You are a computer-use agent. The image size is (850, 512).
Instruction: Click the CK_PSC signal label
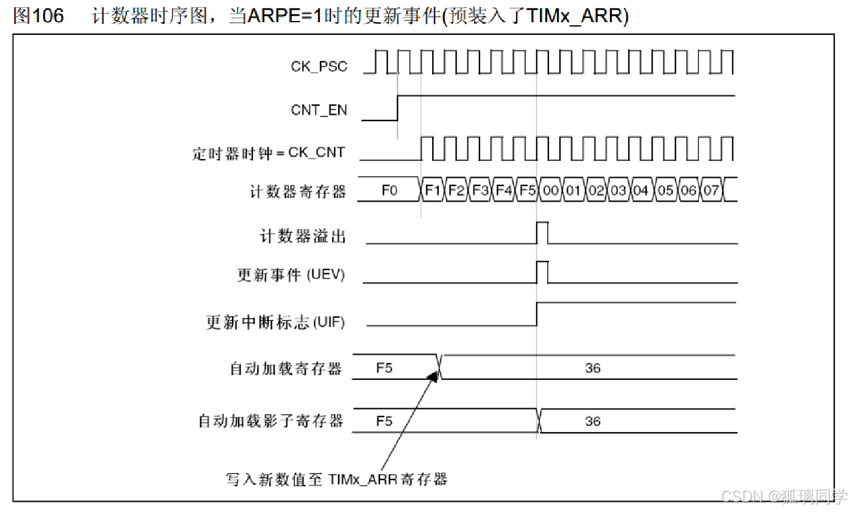coord(319,66)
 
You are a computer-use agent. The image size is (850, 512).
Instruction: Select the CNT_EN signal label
coord(319,110)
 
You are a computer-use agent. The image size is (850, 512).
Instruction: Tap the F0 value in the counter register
coord(389,190)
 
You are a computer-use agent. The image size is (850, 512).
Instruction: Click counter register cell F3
coord(480,190)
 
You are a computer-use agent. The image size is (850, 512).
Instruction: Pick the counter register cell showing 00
coord(550,190)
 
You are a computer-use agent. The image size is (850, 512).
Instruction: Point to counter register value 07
coord(711,190)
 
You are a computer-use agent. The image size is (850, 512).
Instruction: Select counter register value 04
coord(641,190)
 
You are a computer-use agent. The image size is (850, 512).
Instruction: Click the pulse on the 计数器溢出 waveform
coord(542,233)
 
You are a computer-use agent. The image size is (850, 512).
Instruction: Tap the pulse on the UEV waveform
coord(542,272)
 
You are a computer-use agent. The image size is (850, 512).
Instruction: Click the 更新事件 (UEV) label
coord(291,275)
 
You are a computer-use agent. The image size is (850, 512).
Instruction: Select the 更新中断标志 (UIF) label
coord(275,322)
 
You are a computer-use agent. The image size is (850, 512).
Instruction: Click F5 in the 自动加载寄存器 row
coord(384,367)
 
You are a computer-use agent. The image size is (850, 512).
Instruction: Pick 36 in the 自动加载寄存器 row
coord(592,368)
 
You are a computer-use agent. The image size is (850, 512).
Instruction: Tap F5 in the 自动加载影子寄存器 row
coord(384,421)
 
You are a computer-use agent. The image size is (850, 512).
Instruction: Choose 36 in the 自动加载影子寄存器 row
coord(592,421)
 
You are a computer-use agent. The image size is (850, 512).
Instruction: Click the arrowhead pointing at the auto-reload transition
coord(433,376)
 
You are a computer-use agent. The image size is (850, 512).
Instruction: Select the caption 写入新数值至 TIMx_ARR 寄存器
coord(336,479)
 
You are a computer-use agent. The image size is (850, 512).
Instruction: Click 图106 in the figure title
coord(38,16)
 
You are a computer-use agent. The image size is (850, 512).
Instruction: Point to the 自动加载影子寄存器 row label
coord(271,421)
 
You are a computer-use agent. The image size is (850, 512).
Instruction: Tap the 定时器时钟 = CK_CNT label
coord(269,153)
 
